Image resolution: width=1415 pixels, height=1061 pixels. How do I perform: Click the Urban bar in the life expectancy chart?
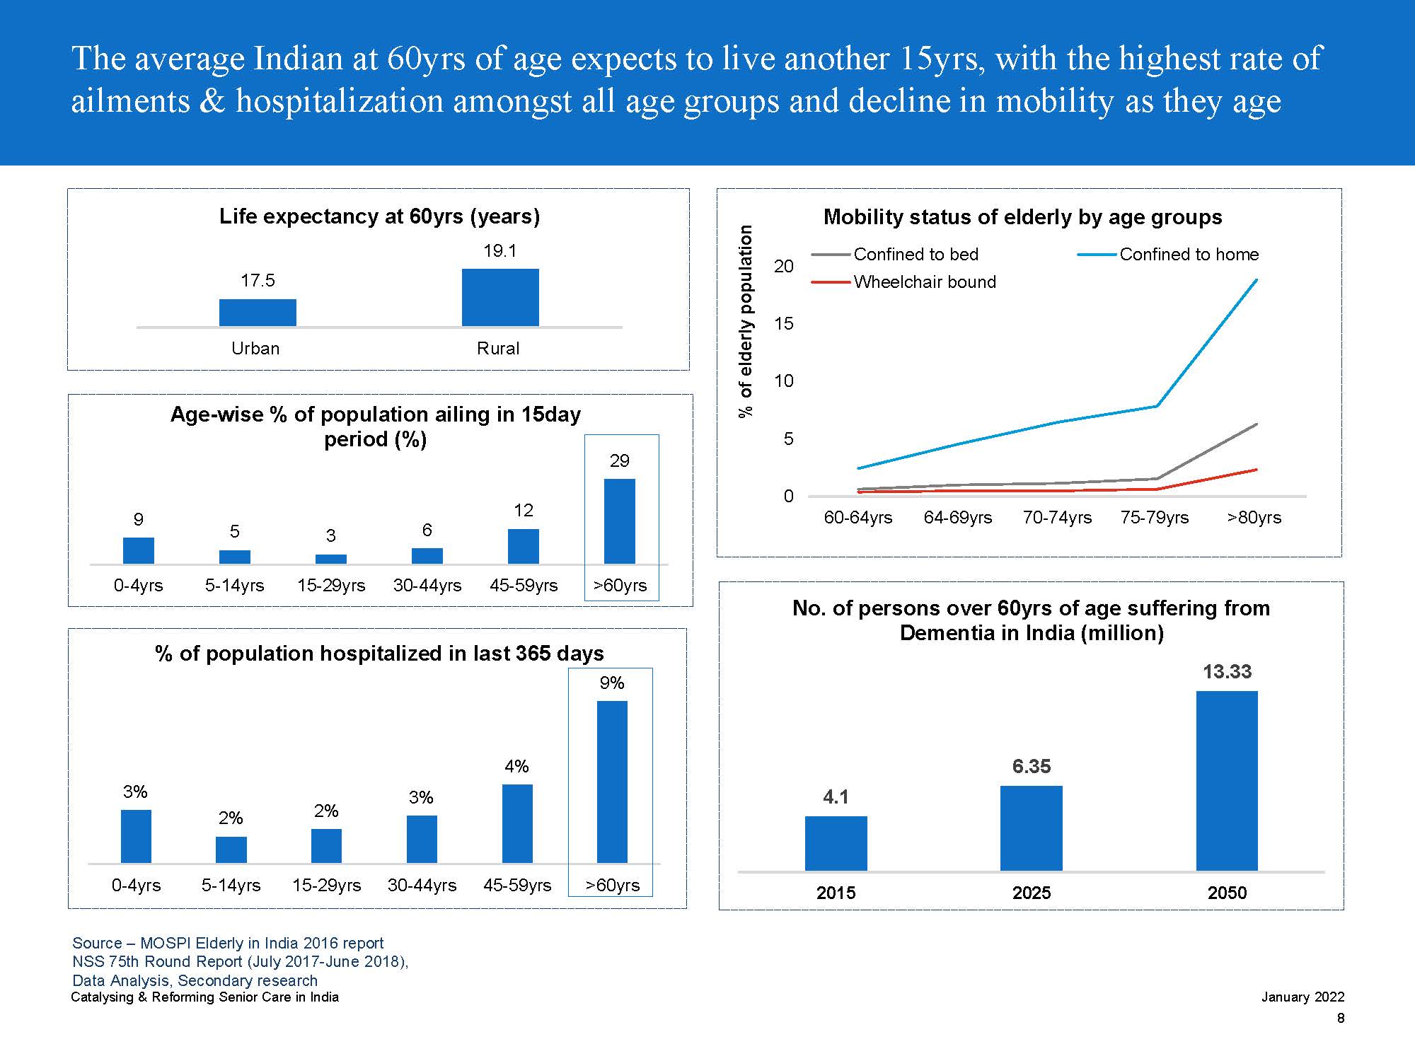[258, 313]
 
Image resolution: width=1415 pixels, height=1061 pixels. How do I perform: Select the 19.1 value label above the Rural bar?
[500, 251]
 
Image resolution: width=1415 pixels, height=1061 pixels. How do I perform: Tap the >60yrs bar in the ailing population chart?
[619, 521]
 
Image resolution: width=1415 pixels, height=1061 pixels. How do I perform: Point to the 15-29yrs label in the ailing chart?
[331, 586]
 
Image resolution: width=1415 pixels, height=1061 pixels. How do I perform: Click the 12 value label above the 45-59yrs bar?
[524, 511]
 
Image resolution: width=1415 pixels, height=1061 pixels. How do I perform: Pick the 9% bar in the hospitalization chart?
[612, 782]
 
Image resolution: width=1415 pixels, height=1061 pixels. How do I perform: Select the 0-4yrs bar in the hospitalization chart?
[136, 836]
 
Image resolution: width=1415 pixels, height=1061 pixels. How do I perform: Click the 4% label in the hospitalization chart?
[516, 766]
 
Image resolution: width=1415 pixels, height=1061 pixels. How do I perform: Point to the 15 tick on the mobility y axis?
[784, 324]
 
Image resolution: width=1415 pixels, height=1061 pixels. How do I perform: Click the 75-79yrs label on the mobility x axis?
[1155, 518]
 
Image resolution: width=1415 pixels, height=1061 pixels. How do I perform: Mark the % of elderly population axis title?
[746, 321]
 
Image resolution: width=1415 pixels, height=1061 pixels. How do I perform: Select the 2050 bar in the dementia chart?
[1227, 781]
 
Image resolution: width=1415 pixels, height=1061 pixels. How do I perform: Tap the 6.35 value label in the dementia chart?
[1032, 767]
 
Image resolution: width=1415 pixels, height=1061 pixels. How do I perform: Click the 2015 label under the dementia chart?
[836, 893]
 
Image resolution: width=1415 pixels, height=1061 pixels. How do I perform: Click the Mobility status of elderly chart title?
[1022, 217]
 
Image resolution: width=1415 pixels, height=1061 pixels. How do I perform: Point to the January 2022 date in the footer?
[1303, 997]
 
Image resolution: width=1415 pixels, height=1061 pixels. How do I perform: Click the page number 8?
[1340, 1019]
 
